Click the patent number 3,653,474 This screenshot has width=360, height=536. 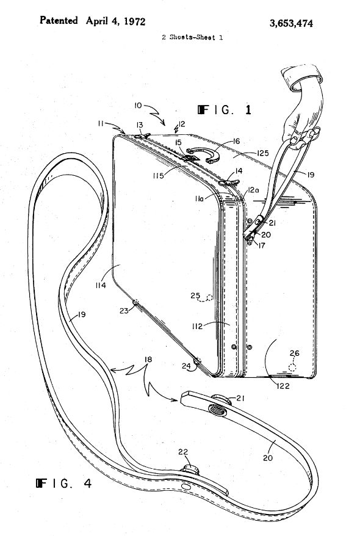pyautogui.click(x=291, y=23)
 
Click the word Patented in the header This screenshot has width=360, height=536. pyautogui.click(x=59, y=21)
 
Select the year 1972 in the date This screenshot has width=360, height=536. pyautogui.click(x=134, y=21)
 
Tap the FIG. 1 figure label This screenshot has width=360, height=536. pyautogui.click(x=225, y=110)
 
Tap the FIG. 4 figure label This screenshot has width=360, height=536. pyautogui.click(x=64, y=483)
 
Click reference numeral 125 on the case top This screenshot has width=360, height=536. pyautogui.click(x=262, y=153)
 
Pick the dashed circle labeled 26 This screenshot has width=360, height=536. pyautogui.click(x=292, y=368)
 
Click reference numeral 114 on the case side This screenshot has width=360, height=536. pyautogui.click(x=101, y=285)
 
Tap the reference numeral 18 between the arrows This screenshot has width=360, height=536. pyautogui.click(x=148, y=360)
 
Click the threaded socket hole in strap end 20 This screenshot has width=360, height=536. pyautogui.click(x=217, y=409)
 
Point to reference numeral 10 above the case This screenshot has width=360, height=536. pyautogui.click(x=138, y=106)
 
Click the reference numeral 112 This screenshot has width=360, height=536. pyautogui.click(x=198, y=326)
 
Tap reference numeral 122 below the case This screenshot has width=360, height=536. pyautogui.click(x=283, y=386)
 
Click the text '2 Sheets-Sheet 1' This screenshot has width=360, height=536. pyautogui.click(x=192, y=37)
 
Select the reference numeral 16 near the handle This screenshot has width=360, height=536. pyautogui.click(x=236, y=141)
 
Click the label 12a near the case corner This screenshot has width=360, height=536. pyautogui.click(x=253, y=190)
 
